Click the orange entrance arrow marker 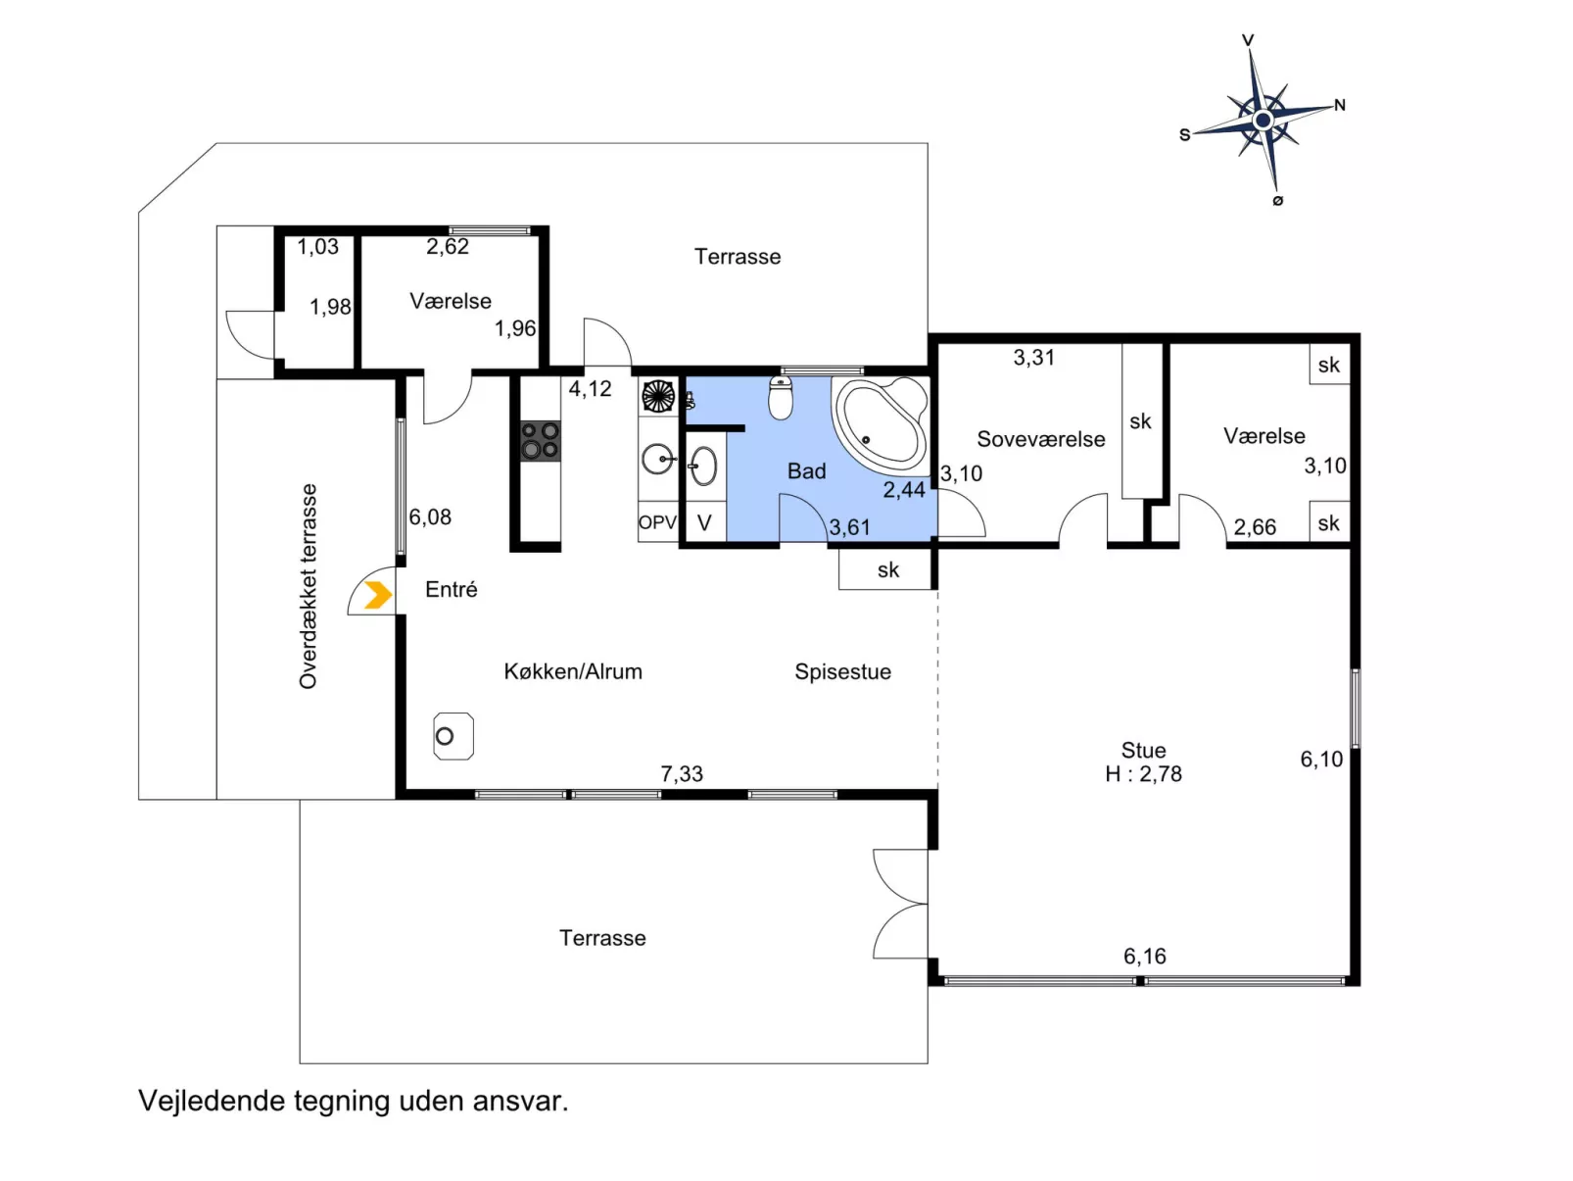pos(378,595)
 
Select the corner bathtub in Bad pos(881,423)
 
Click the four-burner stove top pos(540,440)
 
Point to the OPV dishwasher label pos(657,522)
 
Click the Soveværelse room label pos(1040,439)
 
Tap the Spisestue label pos(842,672)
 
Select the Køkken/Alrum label pos(573,672)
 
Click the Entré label pos(451,589)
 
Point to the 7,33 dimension pos(682,773)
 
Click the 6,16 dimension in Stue pos(1144,956)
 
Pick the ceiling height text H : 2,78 pos(1143,773)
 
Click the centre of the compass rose pos(1263,120)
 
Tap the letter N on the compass pos(1339,106)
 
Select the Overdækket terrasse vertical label pos(308,586)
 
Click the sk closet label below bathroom pos(888,570)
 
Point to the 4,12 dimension pos(590,389)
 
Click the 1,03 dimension pos(317,247)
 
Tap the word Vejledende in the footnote pos(213,1102)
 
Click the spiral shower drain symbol pos(658,396)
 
